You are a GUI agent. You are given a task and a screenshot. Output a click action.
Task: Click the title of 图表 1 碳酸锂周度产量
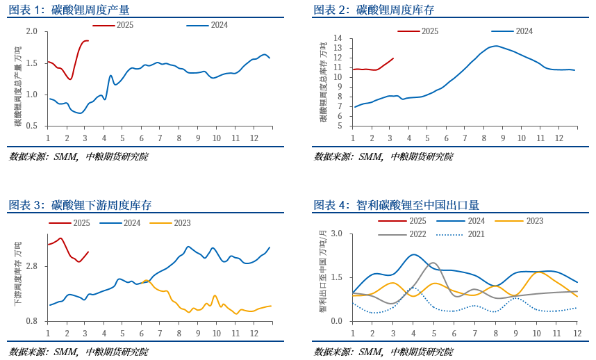coord(69,10)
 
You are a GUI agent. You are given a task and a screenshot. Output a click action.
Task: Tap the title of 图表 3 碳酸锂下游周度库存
coord(80,205)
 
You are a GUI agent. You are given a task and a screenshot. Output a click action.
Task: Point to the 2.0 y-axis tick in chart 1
coord(32,32)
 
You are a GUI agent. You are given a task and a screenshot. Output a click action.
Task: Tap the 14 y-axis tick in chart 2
coord(338,38)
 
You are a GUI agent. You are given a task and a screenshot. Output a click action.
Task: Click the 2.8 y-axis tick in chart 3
coord(32,266)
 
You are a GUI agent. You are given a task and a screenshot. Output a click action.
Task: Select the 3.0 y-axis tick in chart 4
coord(337,234)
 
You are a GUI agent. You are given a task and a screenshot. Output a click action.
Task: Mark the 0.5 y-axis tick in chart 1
coord(32,126)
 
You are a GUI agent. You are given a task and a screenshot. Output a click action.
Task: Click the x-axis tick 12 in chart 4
coord(577,334)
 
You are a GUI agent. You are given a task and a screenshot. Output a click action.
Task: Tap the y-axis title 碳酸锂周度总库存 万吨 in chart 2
coord(323,82)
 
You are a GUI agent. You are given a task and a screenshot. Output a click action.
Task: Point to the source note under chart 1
coord(78,157)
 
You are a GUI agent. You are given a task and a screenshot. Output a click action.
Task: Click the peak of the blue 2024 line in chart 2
coord(494,46)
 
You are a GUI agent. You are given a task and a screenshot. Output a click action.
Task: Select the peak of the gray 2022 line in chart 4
coord(433,263)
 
